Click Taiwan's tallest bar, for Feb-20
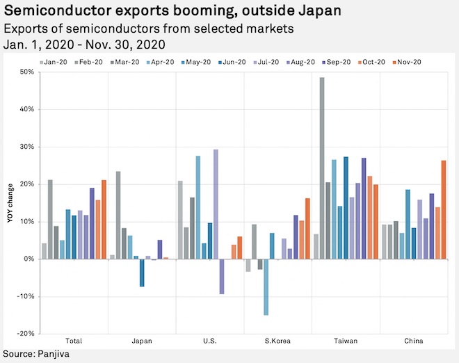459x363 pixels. [322, 168]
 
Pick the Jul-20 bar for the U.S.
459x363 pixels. [216, 204]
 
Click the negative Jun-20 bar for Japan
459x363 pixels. [142, 272]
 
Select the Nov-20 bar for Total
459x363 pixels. [104, 219]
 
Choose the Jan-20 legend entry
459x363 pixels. [55, 62]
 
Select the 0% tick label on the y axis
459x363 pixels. [29, 259]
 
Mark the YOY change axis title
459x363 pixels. [9, 202]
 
